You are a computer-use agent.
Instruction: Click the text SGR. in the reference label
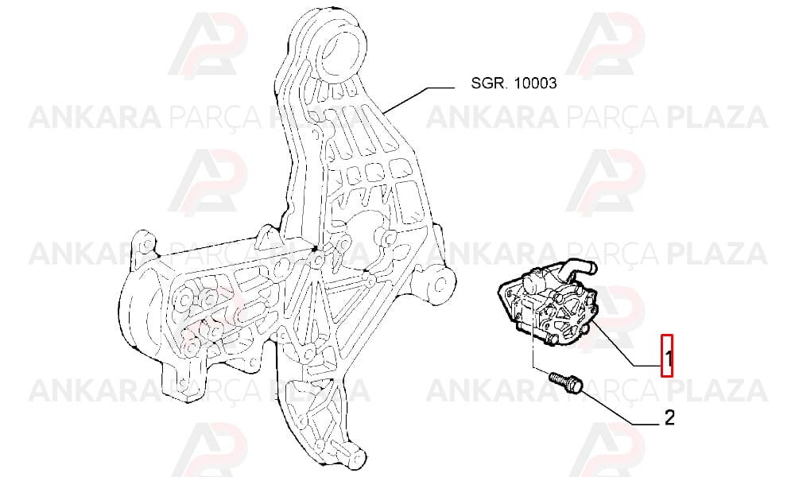489,83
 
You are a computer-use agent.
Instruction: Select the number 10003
535,83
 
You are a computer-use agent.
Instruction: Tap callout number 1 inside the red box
668,359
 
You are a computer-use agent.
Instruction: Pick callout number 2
669,417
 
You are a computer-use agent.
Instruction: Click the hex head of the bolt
576,384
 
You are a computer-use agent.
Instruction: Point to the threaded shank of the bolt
559,378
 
